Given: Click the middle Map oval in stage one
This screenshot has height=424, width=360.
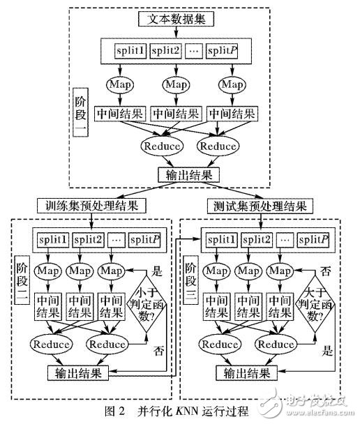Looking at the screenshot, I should (178, 84).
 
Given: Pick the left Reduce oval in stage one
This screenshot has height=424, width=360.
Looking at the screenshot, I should (161, 146).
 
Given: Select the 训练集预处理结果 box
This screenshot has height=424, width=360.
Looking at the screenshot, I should (93, 206).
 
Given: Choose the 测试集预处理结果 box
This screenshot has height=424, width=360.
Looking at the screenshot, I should (260, 206).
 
